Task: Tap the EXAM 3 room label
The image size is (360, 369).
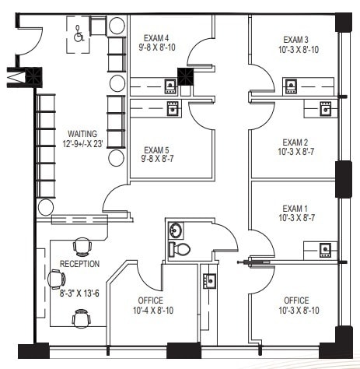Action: (295, 40)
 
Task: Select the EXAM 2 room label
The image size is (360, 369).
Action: (295, 142)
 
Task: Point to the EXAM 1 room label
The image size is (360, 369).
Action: (295, 208)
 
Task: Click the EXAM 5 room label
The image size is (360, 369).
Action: (158, 151)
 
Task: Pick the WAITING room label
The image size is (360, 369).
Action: (82, 133)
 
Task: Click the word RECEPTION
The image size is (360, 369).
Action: (79, 264)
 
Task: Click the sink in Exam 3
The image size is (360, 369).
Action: (290, 84)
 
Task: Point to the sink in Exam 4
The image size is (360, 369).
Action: (170, 84)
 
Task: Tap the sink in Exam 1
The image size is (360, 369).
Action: (325, 249)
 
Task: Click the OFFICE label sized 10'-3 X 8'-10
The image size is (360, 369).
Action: (295, 300)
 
